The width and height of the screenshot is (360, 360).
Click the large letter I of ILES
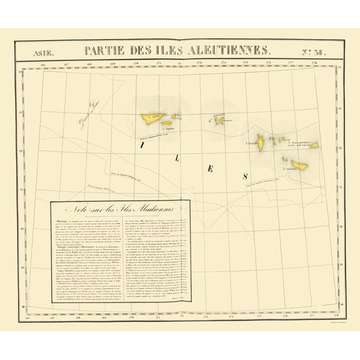(143, 144)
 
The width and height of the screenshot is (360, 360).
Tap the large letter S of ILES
(245, 177)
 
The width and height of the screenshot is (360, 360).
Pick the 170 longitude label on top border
(135, 63)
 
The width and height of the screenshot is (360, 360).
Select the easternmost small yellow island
(314, 145)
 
